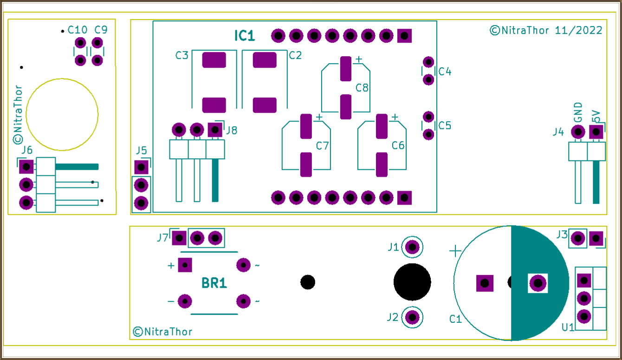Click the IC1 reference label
coord(244,36)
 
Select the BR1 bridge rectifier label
coord(214,283)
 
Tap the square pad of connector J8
coord(214,129)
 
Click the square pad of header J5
coord(141,167)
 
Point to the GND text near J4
coord(578,113)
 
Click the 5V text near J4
coord(596,116)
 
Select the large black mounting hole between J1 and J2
coord(412,282)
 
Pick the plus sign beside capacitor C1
coord(455,251)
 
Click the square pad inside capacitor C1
coord(485,283)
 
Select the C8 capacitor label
coord(362,88)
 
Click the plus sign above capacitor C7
coord(318,117)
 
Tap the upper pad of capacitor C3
coord(214,60)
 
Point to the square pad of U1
coord(583,280)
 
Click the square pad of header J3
coord(596,238)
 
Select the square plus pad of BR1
coord(185,265)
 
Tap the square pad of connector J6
coord(26,166)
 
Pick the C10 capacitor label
coord(77,30)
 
